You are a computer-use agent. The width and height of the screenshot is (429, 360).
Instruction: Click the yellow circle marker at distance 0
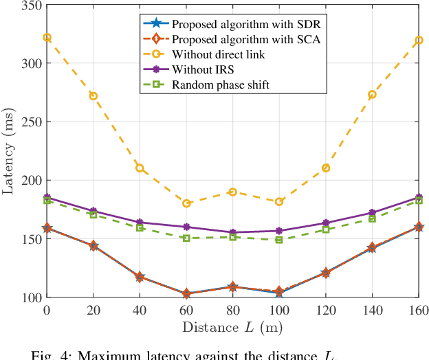47,37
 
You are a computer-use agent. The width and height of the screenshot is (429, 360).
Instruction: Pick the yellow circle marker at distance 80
232,192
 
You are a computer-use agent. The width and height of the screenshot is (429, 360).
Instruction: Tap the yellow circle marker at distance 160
418,41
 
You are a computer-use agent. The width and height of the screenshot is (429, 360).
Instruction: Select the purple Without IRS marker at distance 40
140,223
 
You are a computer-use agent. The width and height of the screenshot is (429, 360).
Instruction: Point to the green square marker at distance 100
279,240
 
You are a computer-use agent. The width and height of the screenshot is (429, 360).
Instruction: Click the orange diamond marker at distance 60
186,293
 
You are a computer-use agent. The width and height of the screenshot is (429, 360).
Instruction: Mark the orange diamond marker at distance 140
372,247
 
